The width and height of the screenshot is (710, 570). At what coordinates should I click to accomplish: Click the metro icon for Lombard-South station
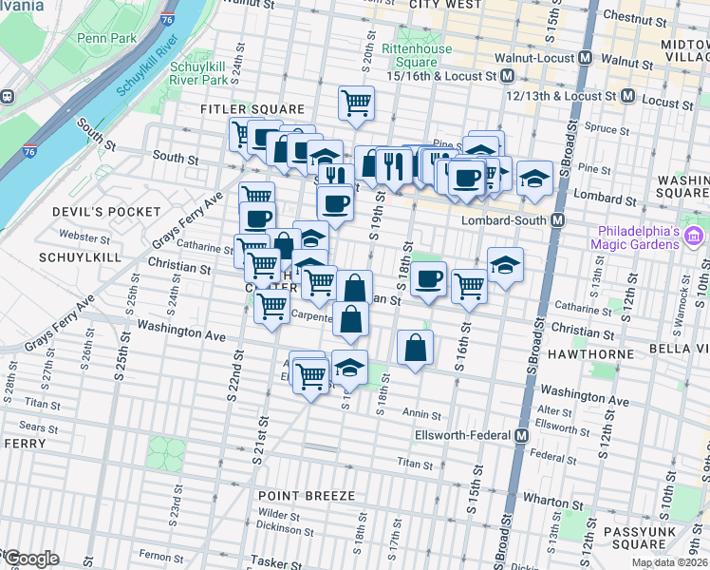[558, 220]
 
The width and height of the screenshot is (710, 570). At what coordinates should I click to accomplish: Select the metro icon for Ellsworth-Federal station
[521, 435]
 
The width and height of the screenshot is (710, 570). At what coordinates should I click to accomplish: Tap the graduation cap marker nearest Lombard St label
[534, 178]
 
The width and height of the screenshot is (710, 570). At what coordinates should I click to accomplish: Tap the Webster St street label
[79, 235]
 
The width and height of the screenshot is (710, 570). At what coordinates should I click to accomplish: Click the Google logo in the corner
[32, 559]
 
